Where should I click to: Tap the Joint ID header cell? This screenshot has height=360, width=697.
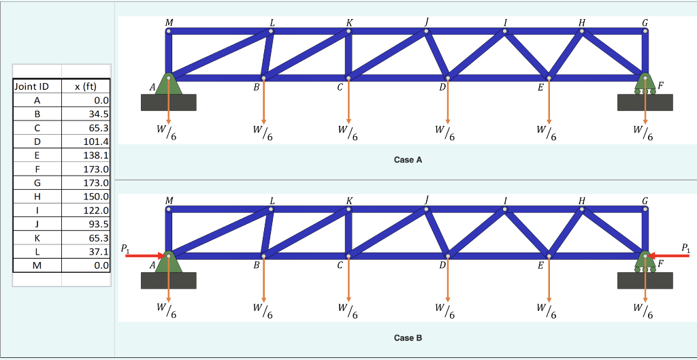tap(31, 86)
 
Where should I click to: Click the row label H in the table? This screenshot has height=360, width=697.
tap(37, 196)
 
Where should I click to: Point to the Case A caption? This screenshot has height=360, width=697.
tap(408, 160)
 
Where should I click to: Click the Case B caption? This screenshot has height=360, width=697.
tap(408, 338)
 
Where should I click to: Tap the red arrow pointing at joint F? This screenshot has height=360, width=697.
tap(671, 255)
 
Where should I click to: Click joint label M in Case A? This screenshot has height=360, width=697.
tap(169, 22)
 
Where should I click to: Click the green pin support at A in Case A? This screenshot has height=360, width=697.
tap(168, 84)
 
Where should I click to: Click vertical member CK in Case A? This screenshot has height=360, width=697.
tap(348, 54)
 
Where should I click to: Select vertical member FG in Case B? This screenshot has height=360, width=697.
tap(645, 231)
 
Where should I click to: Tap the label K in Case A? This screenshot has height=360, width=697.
tap(349, 22)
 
